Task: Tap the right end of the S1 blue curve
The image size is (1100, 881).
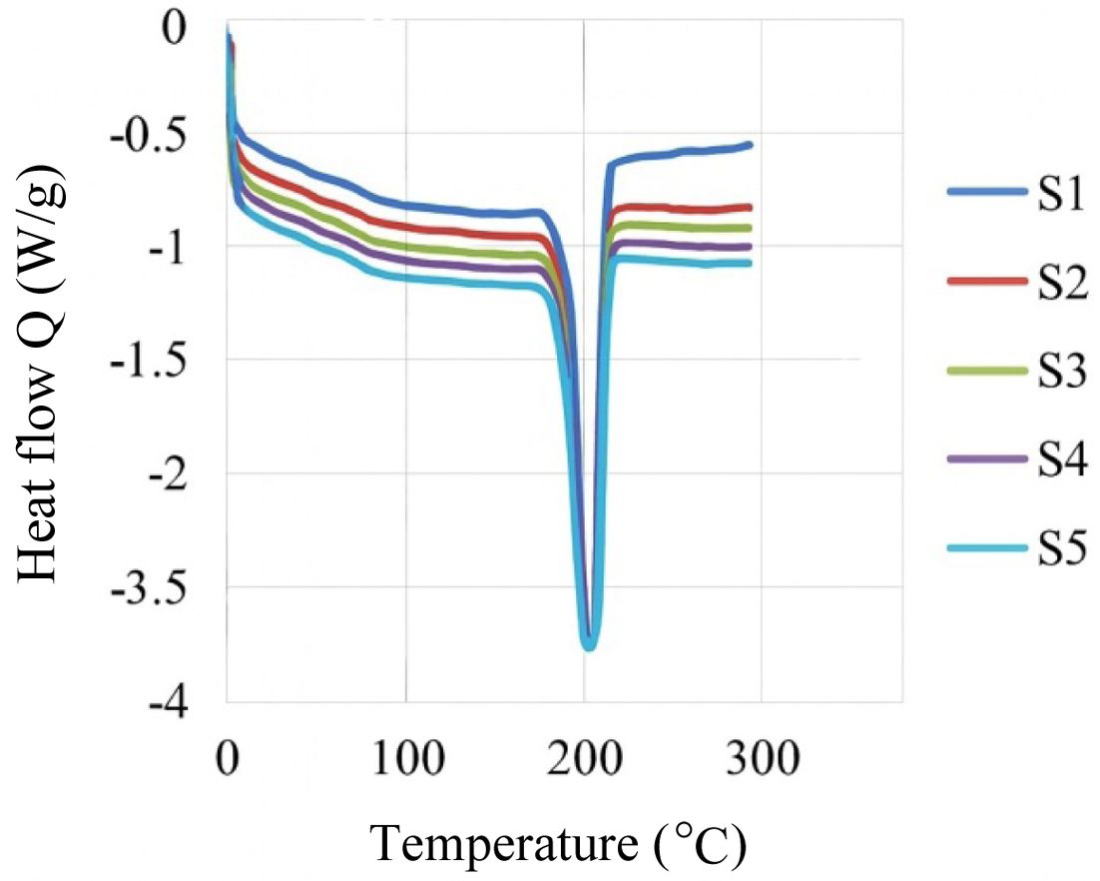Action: (750, 145)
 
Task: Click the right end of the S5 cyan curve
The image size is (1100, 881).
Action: (750, 263)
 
